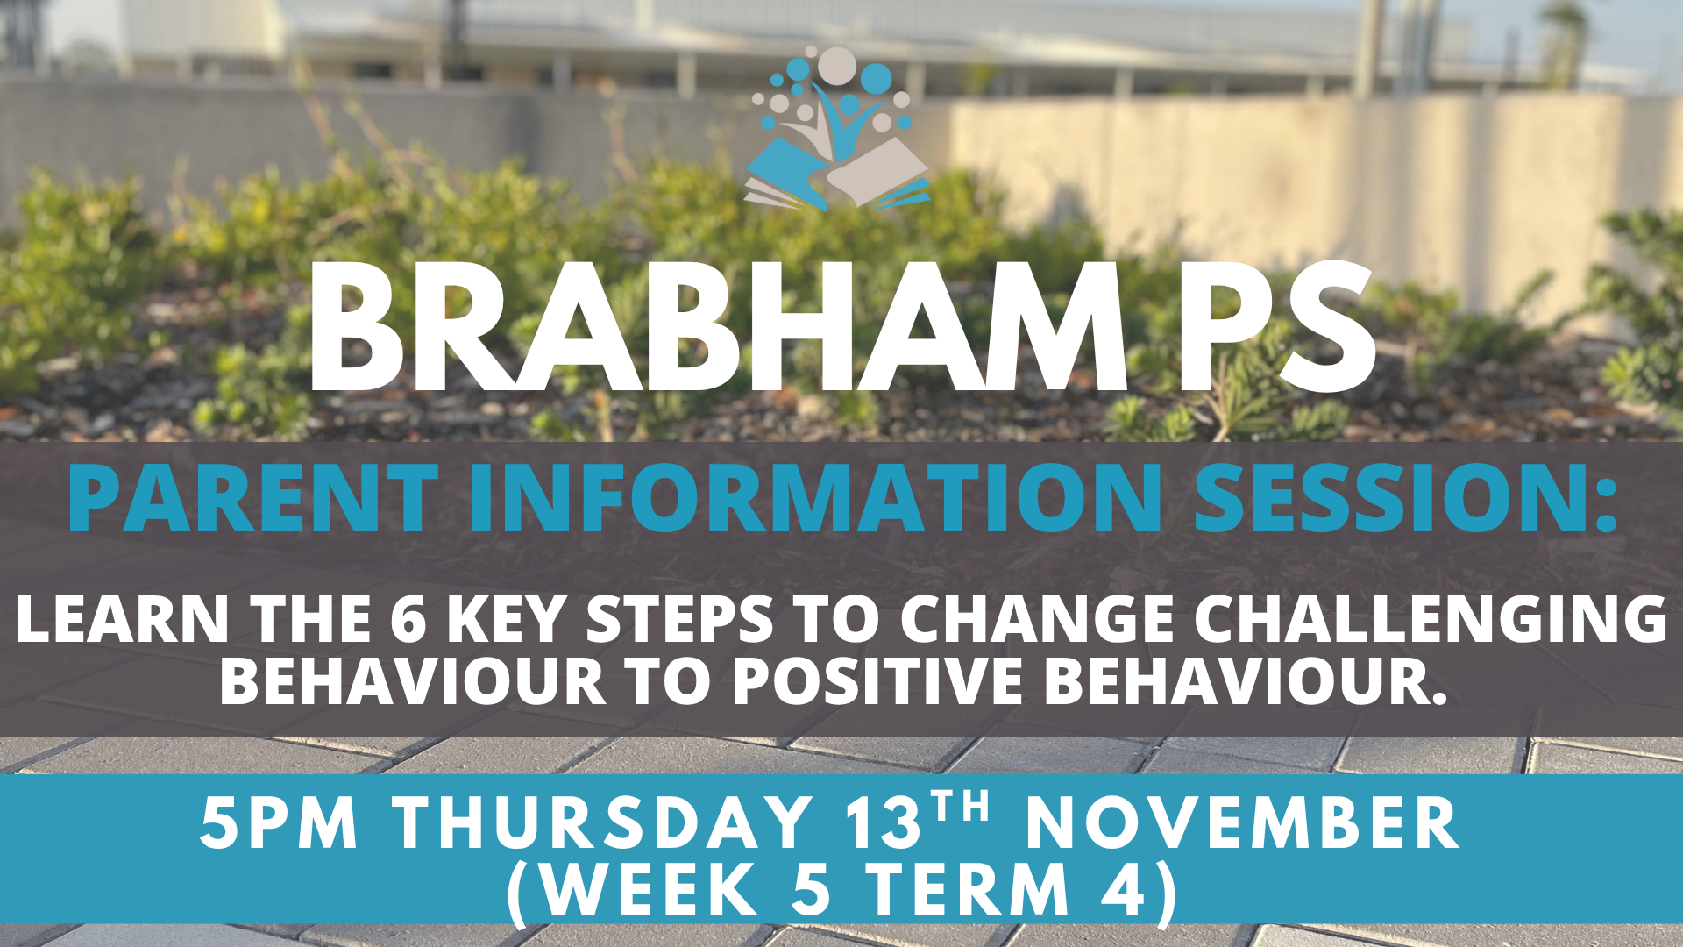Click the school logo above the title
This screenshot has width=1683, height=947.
coord(837,129)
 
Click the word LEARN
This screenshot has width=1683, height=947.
coord(123,619)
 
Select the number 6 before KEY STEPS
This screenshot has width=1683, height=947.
coord(408,619)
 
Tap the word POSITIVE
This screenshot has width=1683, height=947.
coord(877,680)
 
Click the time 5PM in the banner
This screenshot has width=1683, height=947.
coord(280,822)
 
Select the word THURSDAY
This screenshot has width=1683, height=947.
coord(603,822)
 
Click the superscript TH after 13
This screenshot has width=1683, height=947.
coord(961,807)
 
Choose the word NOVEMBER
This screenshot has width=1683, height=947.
coord(1243,822)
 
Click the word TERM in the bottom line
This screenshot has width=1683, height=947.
coord(969,889)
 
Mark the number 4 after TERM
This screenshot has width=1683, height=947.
coord(1125,889)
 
